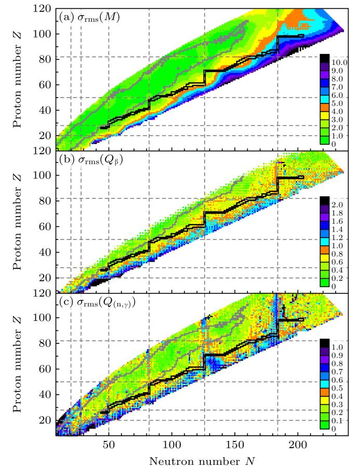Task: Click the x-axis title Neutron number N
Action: (202, 461)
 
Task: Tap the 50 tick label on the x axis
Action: (109, 445)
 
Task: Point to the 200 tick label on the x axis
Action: (298, 445)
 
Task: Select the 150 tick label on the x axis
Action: (235, 445)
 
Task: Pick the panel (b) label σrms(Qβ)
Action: (91, 160)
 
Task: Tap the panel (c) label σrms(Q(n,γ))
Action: (97, 303)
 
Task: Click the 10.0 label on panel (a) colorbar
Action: (339, 63)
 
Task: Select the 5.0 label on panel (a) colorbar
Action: (337, 103)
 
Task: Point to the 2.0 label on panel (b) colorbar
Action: (337, 205)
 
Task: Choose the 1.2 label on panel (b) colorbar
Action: (337, 238)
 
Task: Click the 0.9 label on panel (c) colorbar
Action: (337, 356)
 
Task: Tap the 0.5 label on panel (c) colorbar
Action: (337, 388)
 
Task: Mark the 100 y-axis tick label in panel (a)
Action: (42, 34)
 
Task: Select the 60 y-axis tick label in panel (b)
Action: (45, 226)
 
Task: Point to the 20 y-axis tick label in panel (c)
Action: (45, 420)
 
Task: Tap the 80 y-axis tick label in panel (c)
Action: (45, 343)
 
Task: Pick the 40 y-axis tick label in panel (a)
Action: (45, 110)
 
